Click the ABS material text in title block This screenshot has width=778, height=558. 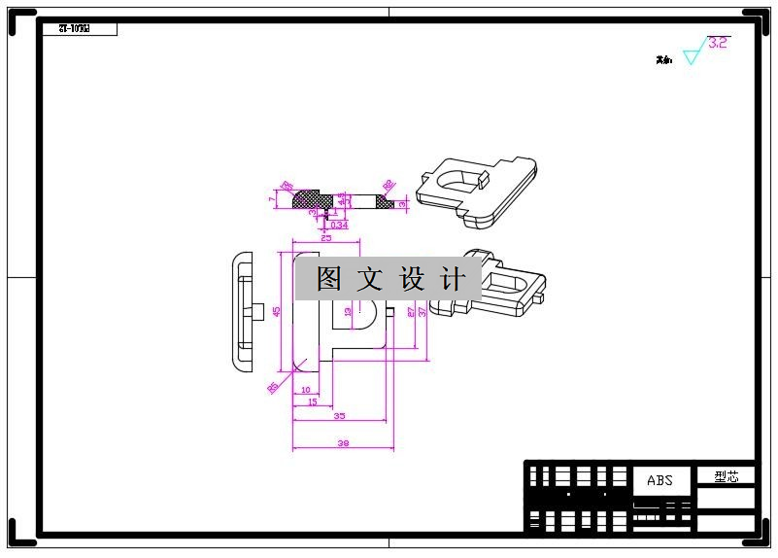point(660,480)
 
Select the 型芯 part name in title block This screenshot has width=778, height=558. point(727,476)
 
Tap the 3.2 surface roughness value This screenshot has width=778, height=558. point(718,43)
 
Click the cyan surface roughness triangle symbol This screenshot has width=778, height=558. point(691,56)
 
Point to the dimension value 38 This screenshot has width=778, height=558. point(342,443)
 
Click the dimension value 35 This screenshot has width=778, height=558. point(339,415)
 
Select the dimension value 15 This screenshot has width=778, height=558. point(312,401)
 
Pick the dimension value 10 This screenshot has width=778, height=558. point(305,389)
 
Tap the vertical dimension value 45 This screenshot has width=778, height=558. point(277,311)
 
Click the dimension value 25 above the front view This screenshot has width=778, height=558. point(325,237)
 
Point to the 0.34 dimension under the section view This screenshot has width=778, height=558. point(339,225)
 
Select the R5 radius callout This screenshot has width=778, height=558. point(273,387)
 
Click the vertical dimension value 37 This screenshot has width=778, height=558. point(423,312)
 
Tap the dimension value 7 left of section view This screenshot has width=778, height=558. point(272,199)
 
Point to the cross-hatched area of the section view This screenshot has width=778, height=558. point(313,199)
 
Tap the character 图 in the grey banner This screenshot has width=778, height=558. point(328,280)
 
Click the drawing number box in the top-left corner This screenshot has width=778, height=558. point(80,29)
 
